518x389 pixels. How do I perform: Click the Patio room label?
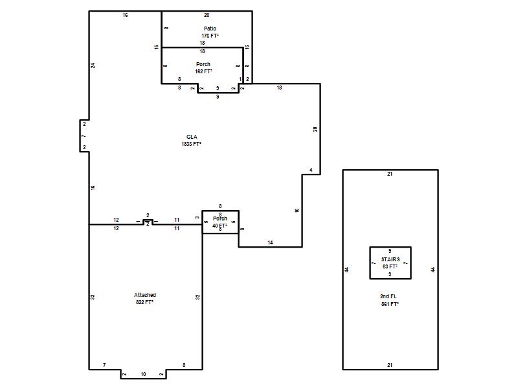point(210,29)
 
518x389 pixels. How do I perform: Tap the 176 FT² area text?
point(210,36)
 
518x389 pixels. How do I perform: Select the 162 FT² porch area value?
point(203,71)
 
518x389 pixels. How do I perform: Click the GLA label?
point(192,137)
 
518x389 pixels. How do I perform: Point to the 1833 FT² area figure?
point(191,144)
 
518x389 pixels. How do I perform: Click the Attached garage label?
point(144,295)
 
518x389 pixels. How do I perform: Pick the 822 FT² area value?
point(144,302)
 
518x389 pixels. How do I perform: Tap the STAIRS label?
point(390,259)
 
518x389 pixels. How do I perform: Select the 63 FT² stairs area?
point(390,266)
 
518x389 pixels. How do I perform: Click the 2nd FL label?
point(388,296)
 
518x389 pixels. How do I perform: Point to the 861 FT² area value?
point(390,304)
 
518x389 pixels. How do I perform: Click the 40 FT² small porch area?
point(220,226)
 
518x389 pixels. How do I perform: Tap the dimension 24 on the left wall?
point(93,65)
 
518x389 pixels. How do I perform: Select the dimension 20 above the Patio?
point(207,15)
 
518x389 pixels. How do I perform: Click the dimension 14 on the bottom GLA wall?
point(270,242)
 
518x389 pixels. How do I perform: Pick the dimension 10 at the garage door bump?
point(143,374)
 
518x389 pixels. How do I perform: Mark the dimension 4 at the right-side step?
point(311,170)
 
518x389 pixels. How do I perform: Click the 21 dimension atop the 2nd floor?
point(390,174)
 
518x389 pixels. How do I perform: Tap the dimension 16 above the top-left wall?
point(125,15)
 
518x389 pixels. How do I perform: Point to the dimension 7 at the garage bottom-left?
point(104,365)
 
